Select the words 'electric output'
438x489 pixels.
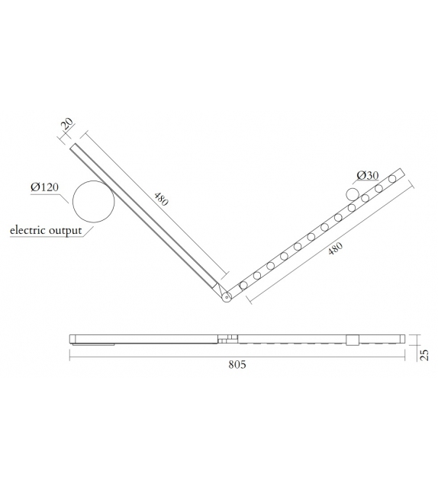(45, 230)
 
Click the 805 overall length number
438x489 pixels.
(237, 366)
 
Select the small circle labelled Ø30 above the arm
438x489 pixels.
(353, 195)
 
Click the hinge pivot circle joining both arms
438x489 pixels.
(227, 298)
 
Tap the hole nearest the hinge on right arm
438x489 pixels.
(243, 286)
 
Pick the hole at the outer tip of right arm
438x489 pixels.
(392, 179)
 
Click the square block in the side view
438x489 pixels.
(352, 340)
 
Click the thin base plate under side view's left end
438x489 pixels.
(92, 344)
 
